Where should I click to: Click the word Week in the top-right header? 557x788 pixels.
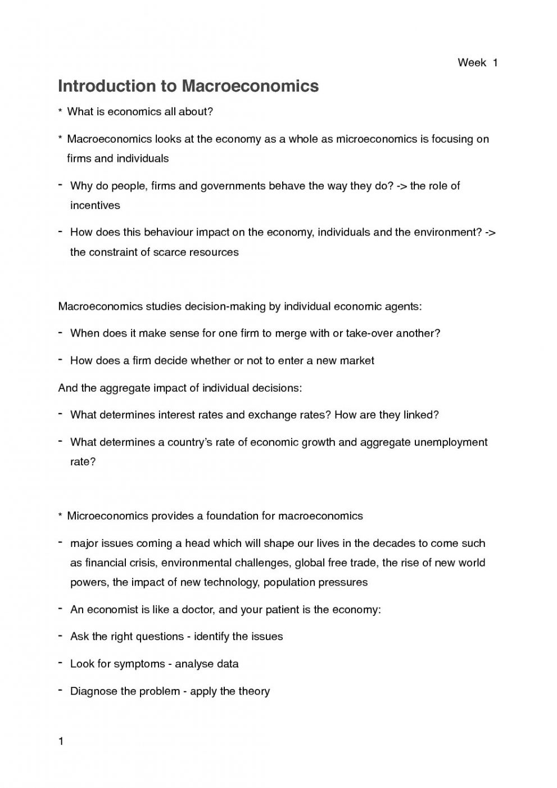pos(472,63)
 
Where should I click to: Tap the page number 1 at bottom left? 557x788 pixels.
pos(61,741)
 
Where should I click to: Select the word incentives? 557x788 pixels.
pos(95,205)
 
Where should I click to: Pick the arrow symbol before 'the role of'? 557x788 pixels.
pos(401,185)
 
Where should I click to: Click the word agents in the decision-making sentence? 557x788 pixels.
pos(402,306)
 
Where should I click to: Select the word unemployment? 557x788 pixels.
pos(450,442)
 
